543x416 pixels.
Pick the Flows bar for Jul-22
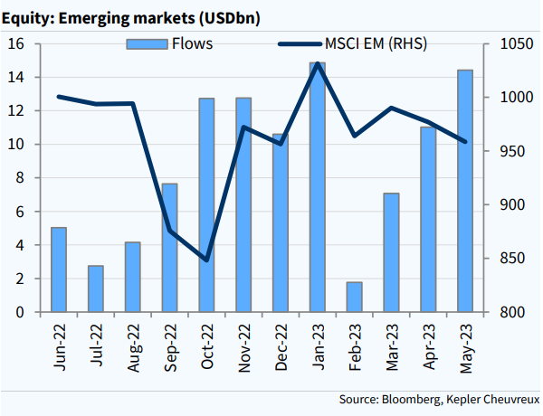(x=95, y=288)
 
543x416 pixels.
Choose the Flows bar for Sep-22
(x=169, y=248)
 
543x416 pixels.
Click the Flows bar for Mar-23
(x=391, y=252)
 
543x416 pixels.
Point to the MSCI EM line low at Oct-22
(x=206, y=260)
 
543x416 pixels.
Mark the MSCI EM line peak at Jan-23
(x=317, y=64)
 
